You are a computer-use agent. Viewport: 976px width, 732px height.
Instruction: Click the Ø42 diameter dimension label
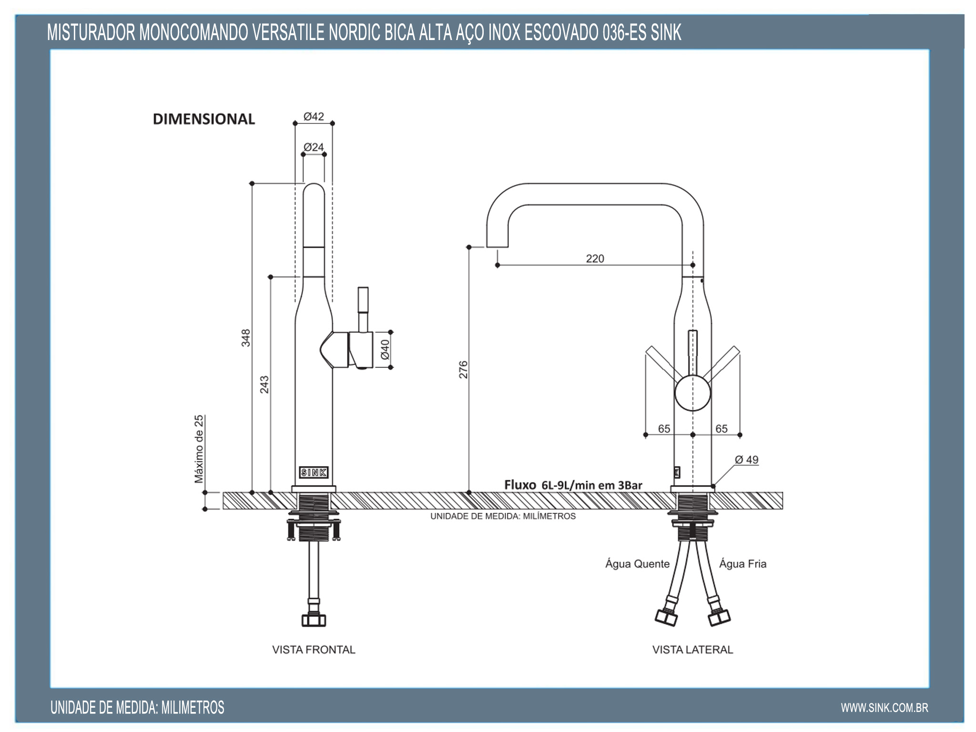(314, 116)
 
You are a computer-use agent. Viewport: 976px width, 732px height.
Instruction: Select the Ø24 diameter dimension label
(314, 147)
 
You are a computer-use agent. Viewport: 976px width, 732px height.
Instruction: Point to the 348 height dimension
(245, 337)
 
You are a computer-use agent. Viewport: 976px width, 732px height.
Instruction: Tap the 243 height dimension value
(264, 385)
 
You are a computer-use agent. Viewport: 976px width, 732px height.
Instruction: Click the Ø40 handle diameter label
(385, 349)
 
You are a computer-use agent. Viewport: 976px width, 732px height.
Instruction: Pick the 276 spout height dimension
(463, 369)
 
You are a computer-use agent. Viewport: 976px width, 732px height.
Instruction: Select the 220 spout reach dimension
(595, 258)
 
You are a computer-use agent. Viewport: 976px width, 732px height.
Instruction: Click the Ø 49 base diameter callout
(746, 460)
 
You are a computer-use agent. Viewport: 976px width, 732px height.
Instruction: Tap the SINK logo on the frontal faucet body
(314, 472)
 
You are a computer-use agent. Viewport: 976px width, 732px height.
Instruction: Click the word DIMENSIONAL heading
(204, 119)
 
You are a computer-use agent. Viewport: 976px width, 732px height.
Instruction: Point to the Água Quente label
(637, 564)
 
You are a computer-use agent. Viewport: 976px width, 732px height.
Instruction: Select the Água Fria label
(742, 564)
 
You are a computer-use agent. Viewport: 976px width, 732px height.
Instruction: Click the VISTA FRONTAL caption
(314, 650)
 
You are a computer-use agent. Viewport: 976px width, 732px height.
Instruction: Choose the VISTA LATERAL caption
(692, 650)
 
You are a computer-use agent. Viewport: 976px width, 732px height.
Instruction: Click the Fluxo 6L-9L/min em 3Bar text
(573, 485)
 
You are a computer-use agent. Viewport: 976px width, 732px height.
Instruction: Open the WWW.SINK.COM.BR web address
(884, 708)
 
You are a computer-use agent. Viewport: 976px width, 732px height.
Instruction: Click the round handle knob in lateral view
(692, 393)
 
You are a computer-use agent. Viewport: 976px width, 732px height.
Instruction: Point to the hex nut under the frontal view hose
(314, 620)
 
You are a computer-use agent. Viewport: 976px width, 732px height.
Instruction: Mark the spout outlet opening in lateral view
(497, 247)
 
